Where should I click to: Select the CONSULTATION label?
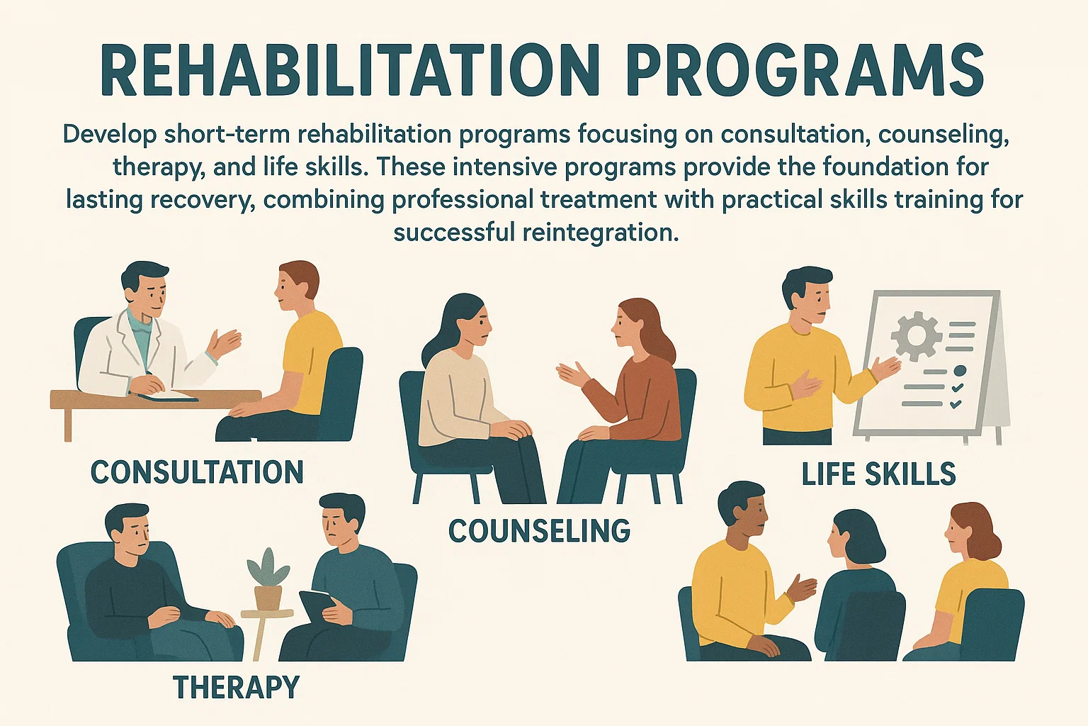click(197, 472)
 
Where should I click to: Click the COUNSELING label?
click(539, 530)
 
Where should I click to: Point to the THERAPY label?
click(236, 686)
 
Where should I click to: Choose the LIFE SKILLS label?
click(878, 474)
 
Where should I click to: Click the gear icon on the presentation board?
click(916, 336)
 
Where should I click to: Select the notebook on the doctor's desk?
click(168, 396)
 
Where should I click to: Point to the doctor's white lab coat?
click(141, 355)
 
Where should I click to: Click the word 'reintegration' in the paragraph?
click(601, 233)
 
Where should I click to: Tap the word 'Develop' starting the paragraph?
click(109, 135)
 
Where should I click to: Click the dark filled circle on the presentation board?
click(960, 371)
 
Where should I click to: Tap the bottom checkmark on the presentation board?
click(956, 403)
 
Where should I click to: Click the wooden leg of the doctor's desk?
click(68, 425)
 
